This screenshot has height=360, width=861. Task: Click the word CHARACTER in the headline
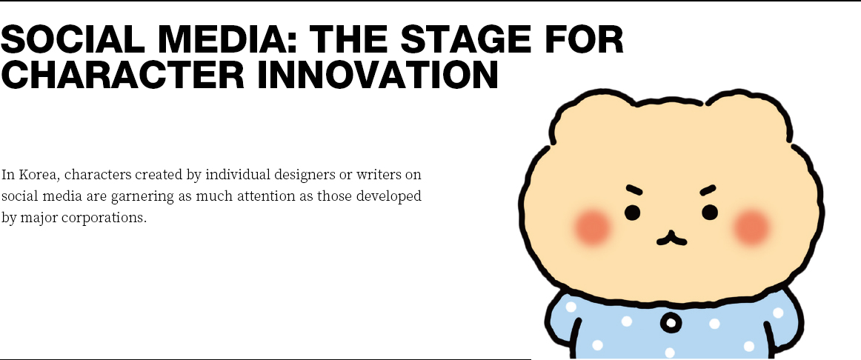point(122,75)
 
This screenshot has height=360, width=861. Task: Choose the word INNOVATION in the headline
point(379,75)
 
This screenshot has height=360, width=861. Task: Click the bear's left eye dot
point(632,213)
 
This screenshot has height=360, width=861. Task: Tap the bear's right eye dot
point(709,212)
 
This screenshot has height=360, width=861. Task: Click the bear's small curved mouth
point(671,239)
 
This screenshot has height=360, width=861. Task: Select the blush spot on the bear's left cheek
point(592,227)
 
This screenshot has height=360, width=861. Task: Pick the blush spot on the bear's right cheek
point(751,227)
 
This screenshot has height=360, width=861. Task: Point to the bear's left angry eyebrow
point(634,190)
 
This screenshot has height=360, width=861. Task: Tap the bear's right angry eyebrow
point(708,190)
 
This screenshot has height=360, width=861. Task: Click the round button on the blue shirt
point(671,323)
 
